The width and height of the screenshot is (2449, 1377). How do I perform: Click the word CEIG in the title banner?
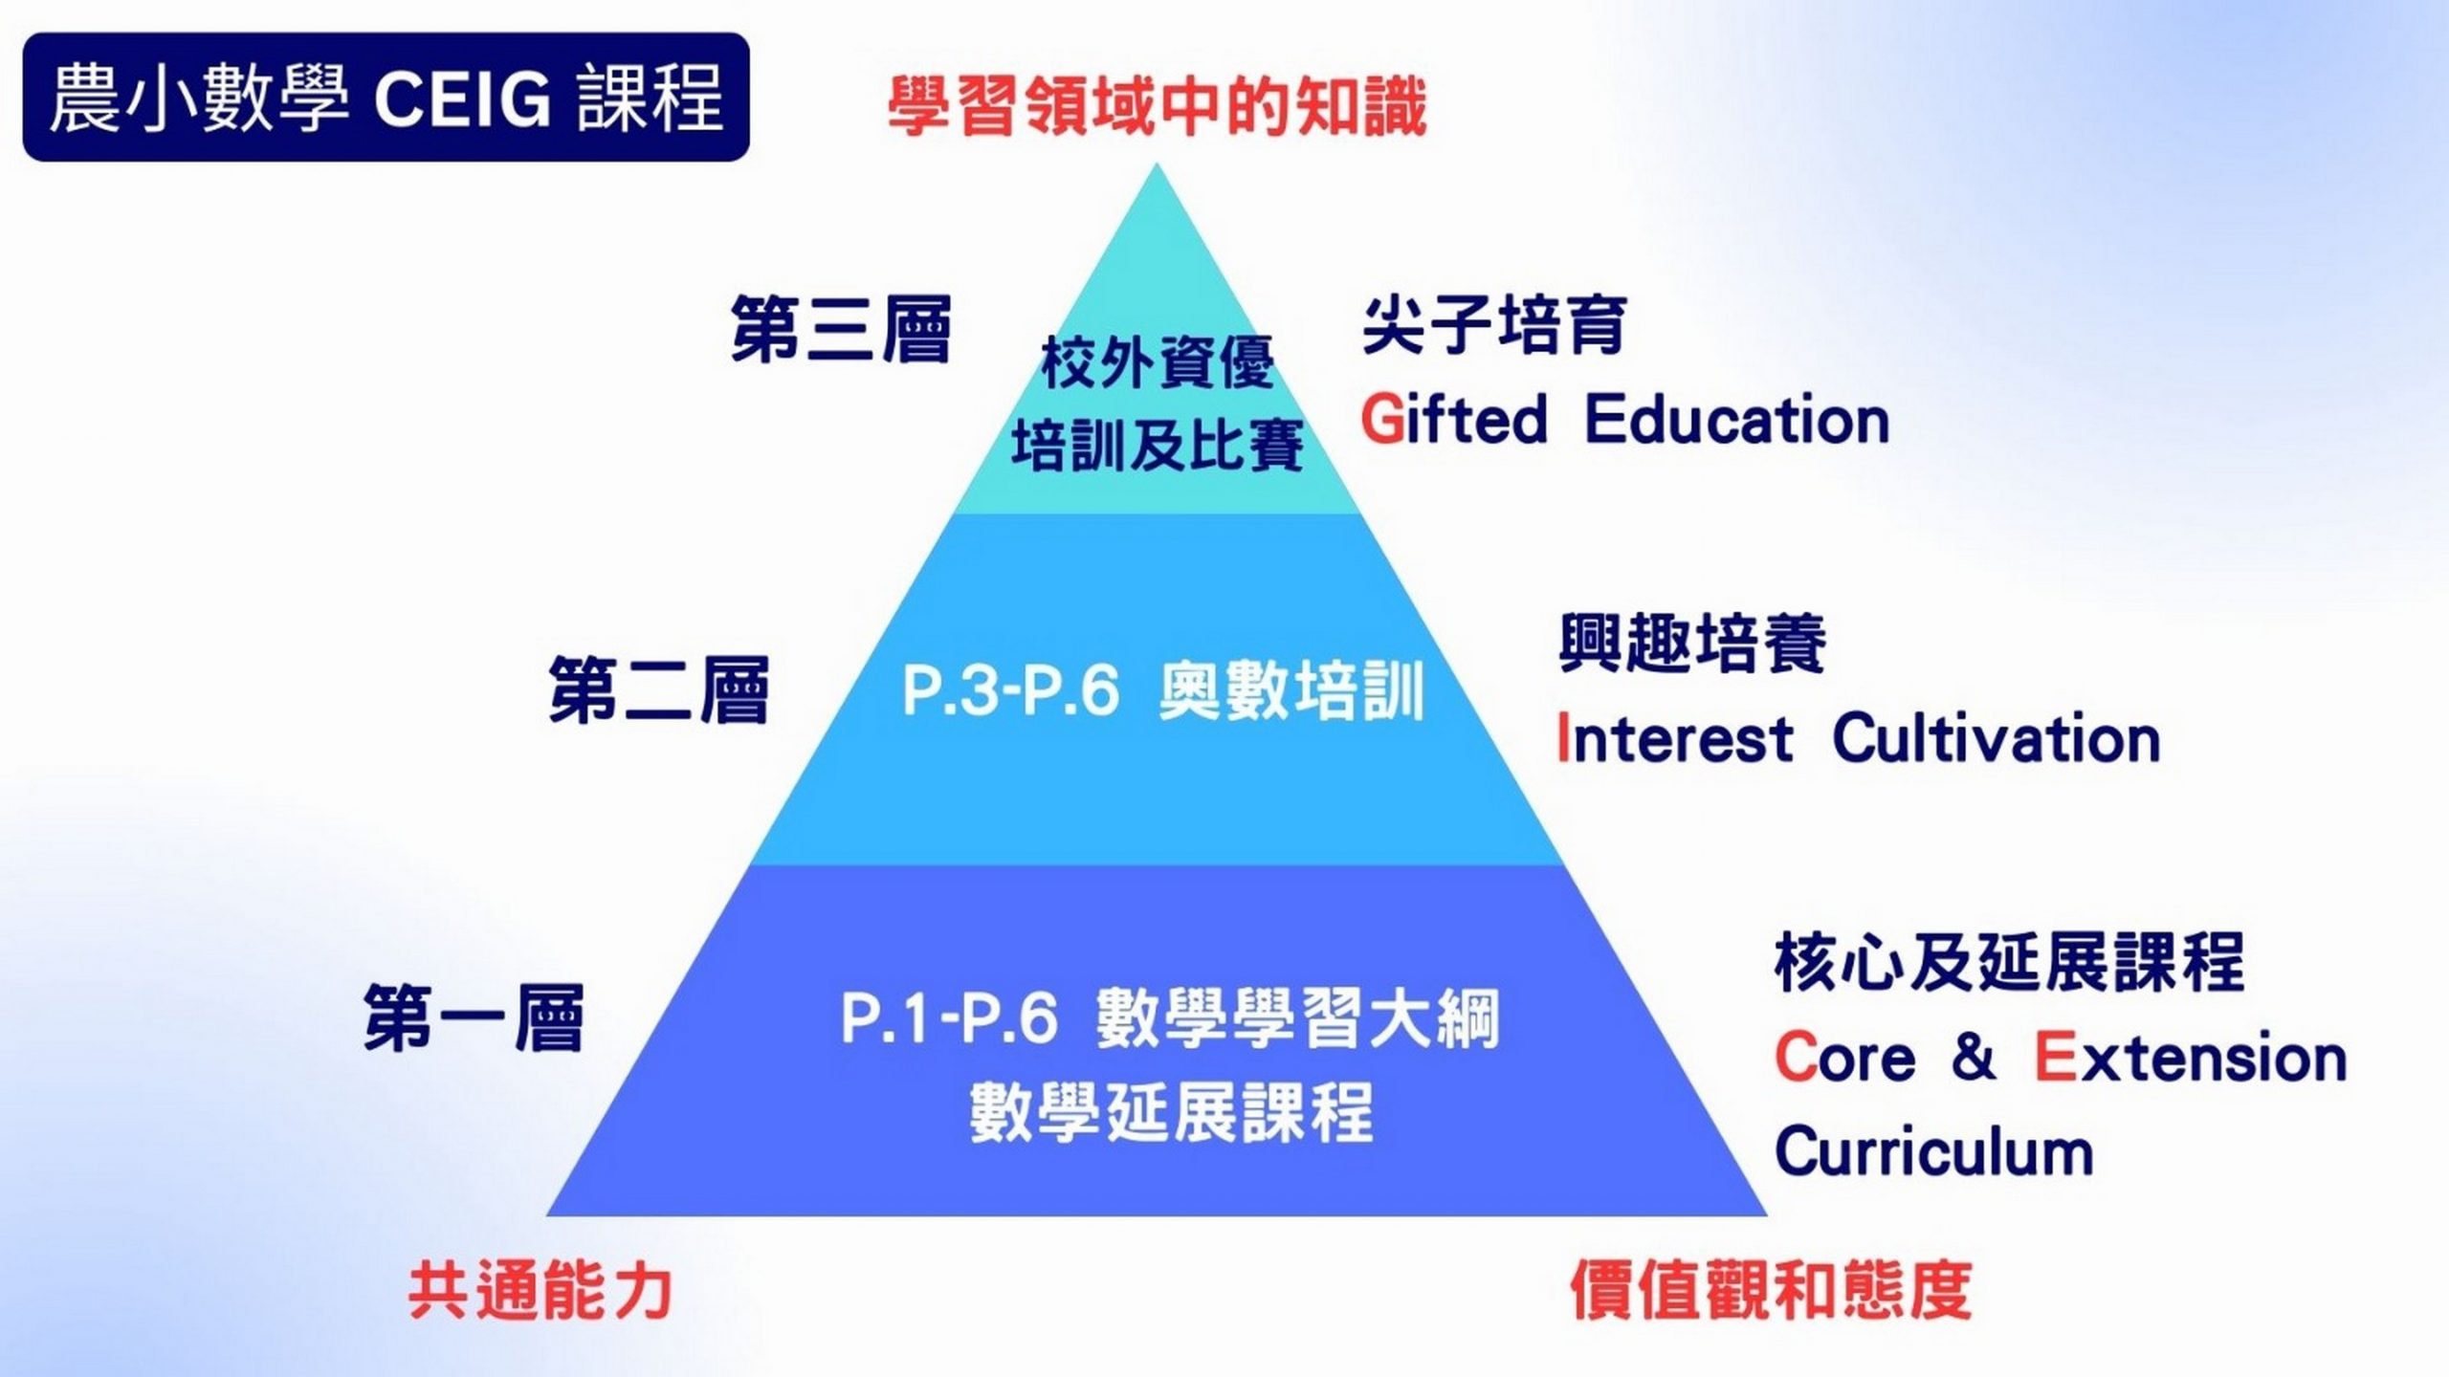pyautogui.click(x=462, y=98)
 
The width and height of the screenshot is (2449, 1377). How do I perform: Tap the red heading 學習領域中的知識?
pyautogui.click(x=1157, y=107)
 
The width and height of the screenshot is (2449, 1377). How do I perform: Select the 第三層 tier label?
pyautogui.click(x=842, y=329)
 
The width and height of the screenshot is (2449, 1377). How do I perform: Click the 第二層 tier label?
pyautogui.click(x=659, y=689)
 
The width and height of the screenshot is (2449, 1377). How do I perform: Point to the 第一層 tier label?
pyautogui.click(x=474, y=1018)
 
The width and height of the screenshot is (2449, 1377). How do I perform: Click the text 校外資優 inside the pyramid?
pyautogui.click(x=1158, y=363)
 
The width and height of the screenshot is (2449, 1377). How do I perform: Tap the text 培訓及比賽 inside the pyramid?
pyautogui.click(x=1158, y=446)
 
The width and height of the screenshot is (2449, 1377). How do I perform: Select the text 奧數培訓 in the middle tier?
pyautogui.click(x=1292, y=690)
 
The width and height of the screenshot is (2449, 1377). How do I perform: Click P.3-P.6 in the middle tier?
pyautogui.click(x=1010, y=690)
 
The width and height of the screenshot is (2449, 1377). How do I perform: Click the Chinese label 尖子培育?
pyautogui.click(x=1494, y=325)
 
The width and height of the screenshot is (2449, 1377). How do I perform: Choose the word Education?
pyautogui.click(x=1737, y=420)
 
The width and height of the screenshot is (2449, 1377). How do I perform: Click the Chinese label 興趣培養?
pyautogui.click(x=1692, y=643)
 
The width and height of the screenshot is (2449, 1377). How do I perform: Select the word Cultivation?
pyautogui.click(x=1997, y=739)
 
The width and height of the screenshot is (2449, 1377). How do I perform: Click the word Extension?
pyautogui.click(x=2191, y=1058)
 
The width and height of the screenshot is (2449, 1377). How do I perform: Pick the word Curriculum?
pyautogui.click(x=1934, y=1150)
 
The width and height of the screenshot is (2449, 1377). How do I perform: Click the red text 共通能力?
pyautogui.click(x=541, y=1291)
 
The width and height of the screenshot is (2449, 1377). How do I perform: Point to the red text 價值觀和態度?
pyautogui.click(x=1771, y=1291)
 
